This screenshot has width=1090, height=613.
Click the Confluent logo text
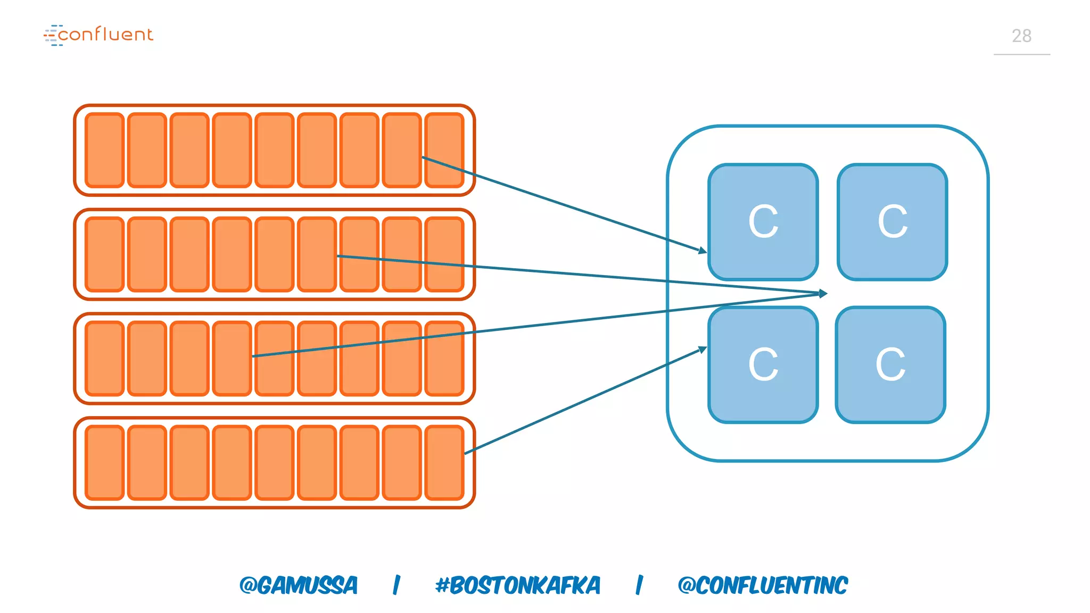[x=105, y=35]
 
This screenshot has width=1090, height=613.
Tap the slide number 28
[x=1021, y=36]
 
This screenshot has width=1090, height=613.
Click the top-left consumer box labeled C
[x=763, y=222]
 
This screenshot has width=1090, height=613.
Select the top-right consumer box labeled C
[x=892, y=222]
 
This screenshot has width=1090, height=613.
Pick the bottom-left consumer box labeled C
[x=763, y=365]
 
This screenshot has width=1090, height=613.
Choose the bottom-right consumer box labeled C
[x=890, y=365]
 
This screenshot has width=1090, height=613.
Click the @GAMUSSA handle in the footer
[x=299, y=585]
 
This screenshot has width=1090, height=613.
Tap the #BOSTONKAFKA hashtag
[x=518, y=585]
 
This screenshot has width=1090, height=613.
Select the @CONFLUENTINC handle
[x=763, y=585]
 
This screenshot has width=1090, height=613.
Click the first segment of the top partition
[x=105, y=150]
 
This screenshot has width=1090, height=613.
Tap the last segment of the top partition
[x=444, y=150]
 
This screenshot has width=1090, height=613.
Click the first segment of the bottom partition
[x=105, y=462]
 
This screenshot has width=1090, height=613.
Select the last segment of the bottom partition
[x=444, y=462]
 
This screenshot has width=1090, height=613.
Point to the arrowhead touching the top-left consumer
[x=703, y=250]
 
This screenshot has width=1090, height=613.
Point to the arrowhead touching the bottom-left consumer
[x=703, y=350]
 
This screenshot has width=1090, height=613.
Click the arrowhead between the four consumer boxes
[x=823, y=293]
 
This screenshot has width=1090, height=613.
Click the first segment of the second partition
[x=105, y=254]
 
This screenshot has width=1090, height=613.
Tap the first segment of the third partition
[x=105, y=359]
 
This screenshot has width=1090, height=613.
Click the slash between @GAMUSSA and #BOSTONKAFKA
[x=397, y=585]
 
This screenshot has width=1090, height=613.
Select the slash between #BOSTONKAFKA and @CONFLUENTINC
[x=639, y=585]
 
